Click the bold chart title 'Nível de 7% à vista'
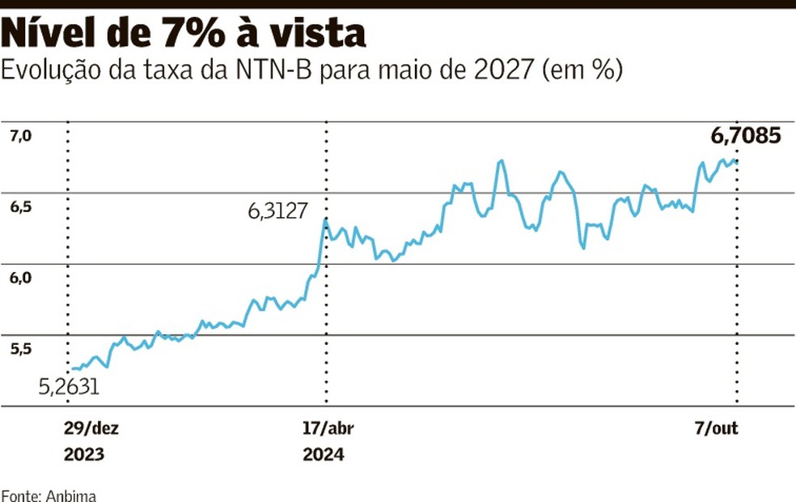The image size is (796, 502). point(184,34)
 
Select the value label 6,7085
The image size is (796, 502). point(746,136)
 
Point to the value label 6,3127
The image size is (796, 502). point(277,212)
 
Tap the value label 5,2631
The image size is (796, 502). point(70,387)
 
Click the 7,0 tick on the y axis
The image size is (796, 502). point(20,137)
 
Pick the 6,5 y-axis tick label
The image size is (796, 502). point(20,207)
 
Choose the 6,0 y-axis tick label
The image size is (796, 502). point(20,278)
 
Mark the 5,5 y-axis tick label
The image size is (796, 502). point(20,349)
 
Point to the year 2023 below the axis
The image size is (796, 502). point(83,454)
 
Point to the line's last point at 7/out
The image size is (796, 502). point(736,160)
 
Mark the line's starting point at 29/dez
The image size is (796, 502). point(72,370)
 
